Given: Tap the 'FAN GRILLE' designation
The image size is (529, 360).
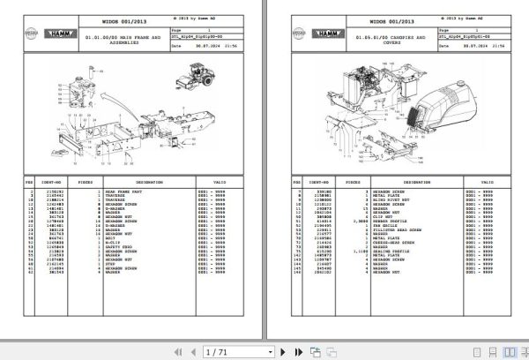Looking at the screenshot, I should pyautogui.click(x=386, y=224).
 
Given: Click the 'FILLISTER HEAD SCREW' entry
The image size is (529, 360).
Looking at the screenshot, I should pyautogui.click(x=393, y=229).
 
